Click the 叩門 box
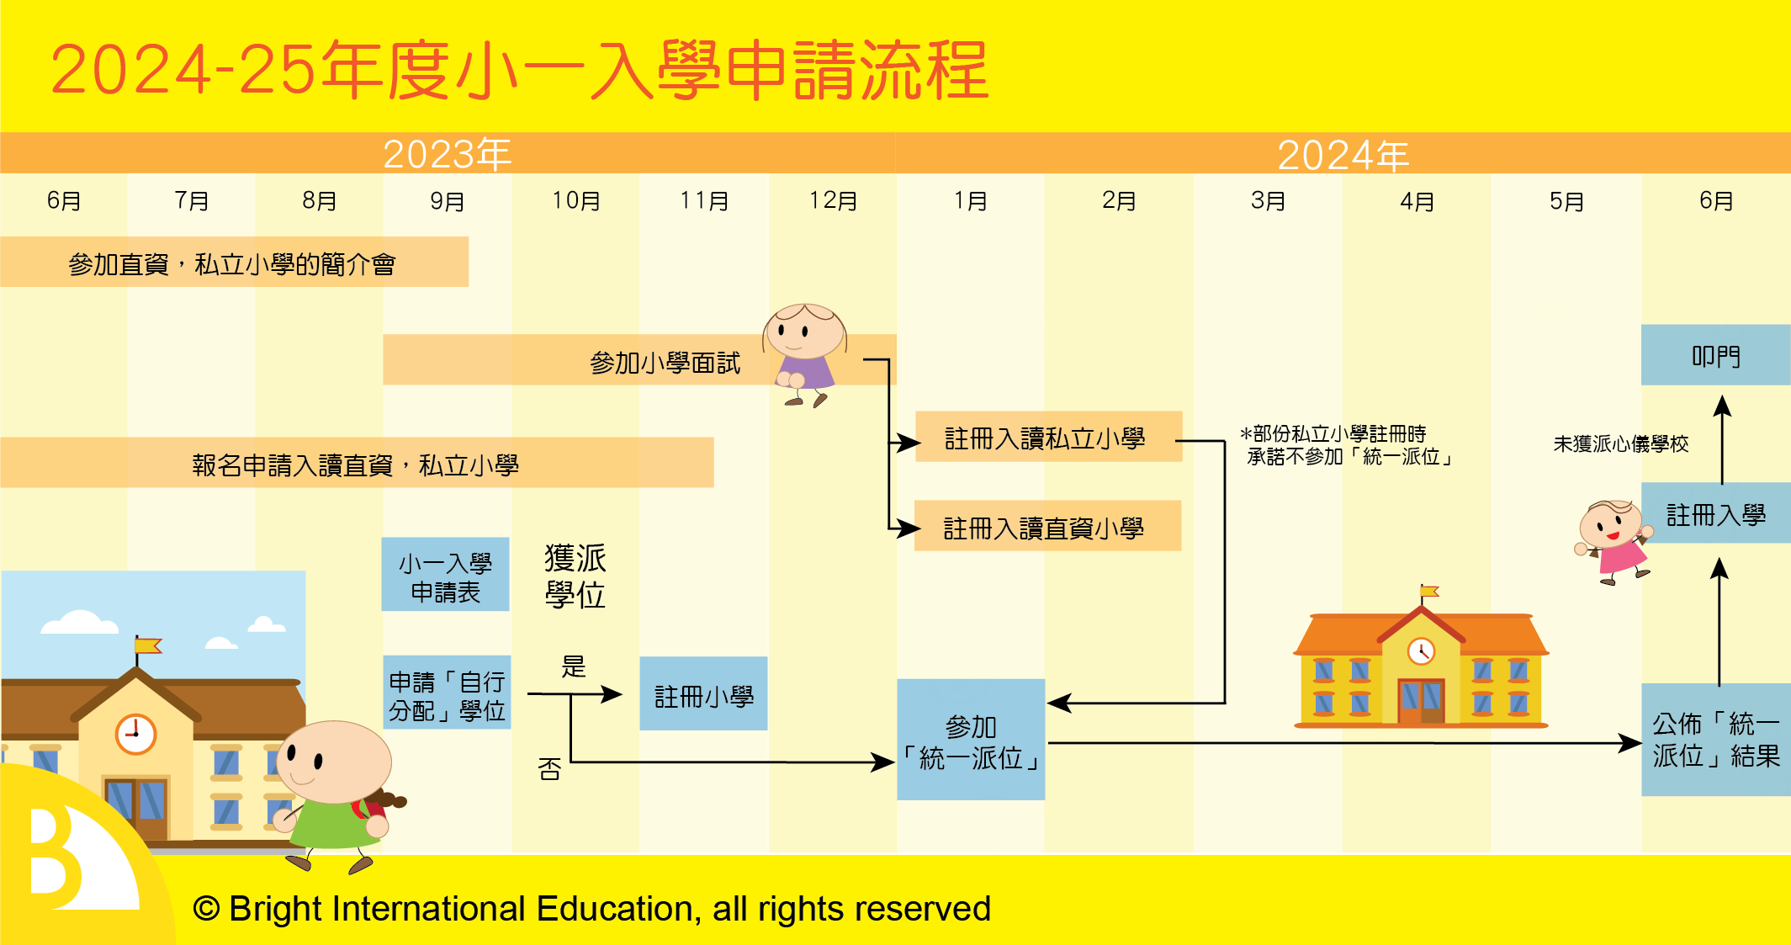(1715, 355)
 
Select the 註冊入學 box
(1715, 512)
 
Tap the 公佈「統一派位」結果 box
(1715, 740)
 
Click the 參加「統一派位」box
(971, 740)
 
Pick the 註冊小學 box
(703, 693)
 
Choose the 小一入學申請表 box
(445, 574)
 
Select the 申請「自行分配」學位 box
(447, 693)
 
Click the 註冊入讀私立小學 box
(1048, 437)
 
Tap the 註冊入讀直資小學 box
(1047, 526)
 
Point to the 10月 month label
(576, 201)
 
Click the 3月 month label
(1268, 201)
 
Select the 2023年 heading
(448, 154)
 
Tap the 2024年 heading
(1343, 155)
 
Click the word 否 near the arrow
(549, 768)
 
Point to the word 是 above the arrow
(574, 666)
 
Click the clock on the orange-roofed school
(1421, 651)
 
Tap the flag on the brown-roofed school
(147, 646)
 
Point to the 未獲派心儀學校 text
(1620, 443)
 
